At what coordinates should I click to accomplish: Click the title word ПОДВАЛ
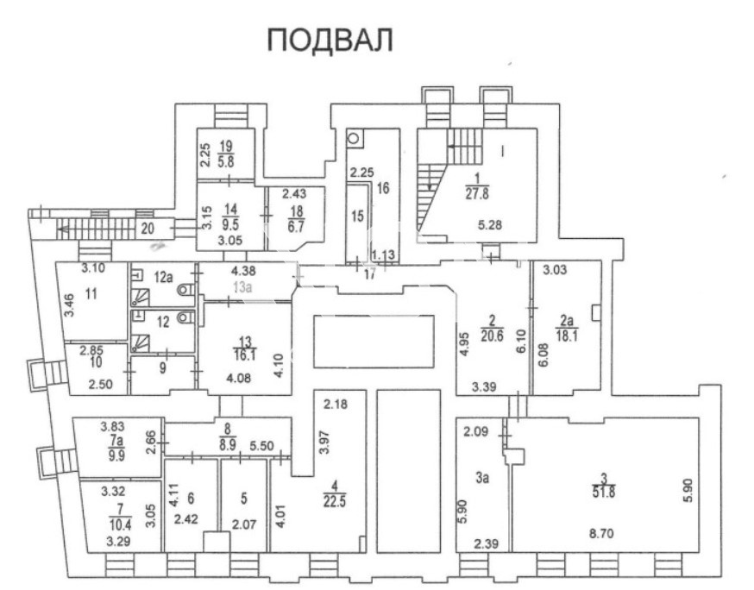(330, 40)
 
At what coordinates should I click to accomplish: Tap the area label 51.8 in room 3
(604, 492)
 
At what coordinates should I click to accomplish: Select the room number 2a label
(566, 320)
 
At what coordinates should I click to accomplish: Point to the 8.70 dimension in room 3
(601, 533)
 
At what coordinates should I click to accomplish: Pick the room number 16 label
(383, 188)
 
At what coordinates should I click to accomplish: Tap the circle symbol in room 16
(355, 139)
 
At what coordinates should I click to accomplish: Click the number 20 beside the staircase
(148, 228)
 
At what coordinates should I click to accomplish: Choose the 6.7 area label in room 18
(297, 227)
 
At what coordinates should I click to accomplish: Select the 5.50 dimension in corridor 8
(261, 447)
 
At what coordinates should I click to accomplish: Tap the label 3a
(482, 478)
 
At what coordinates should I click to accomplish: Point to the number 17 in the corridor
(369, 274)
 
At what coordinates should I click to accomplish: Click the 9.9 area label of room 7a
(116, 455)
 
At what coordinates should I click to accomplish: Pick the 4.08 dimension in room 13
(239, 378)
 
